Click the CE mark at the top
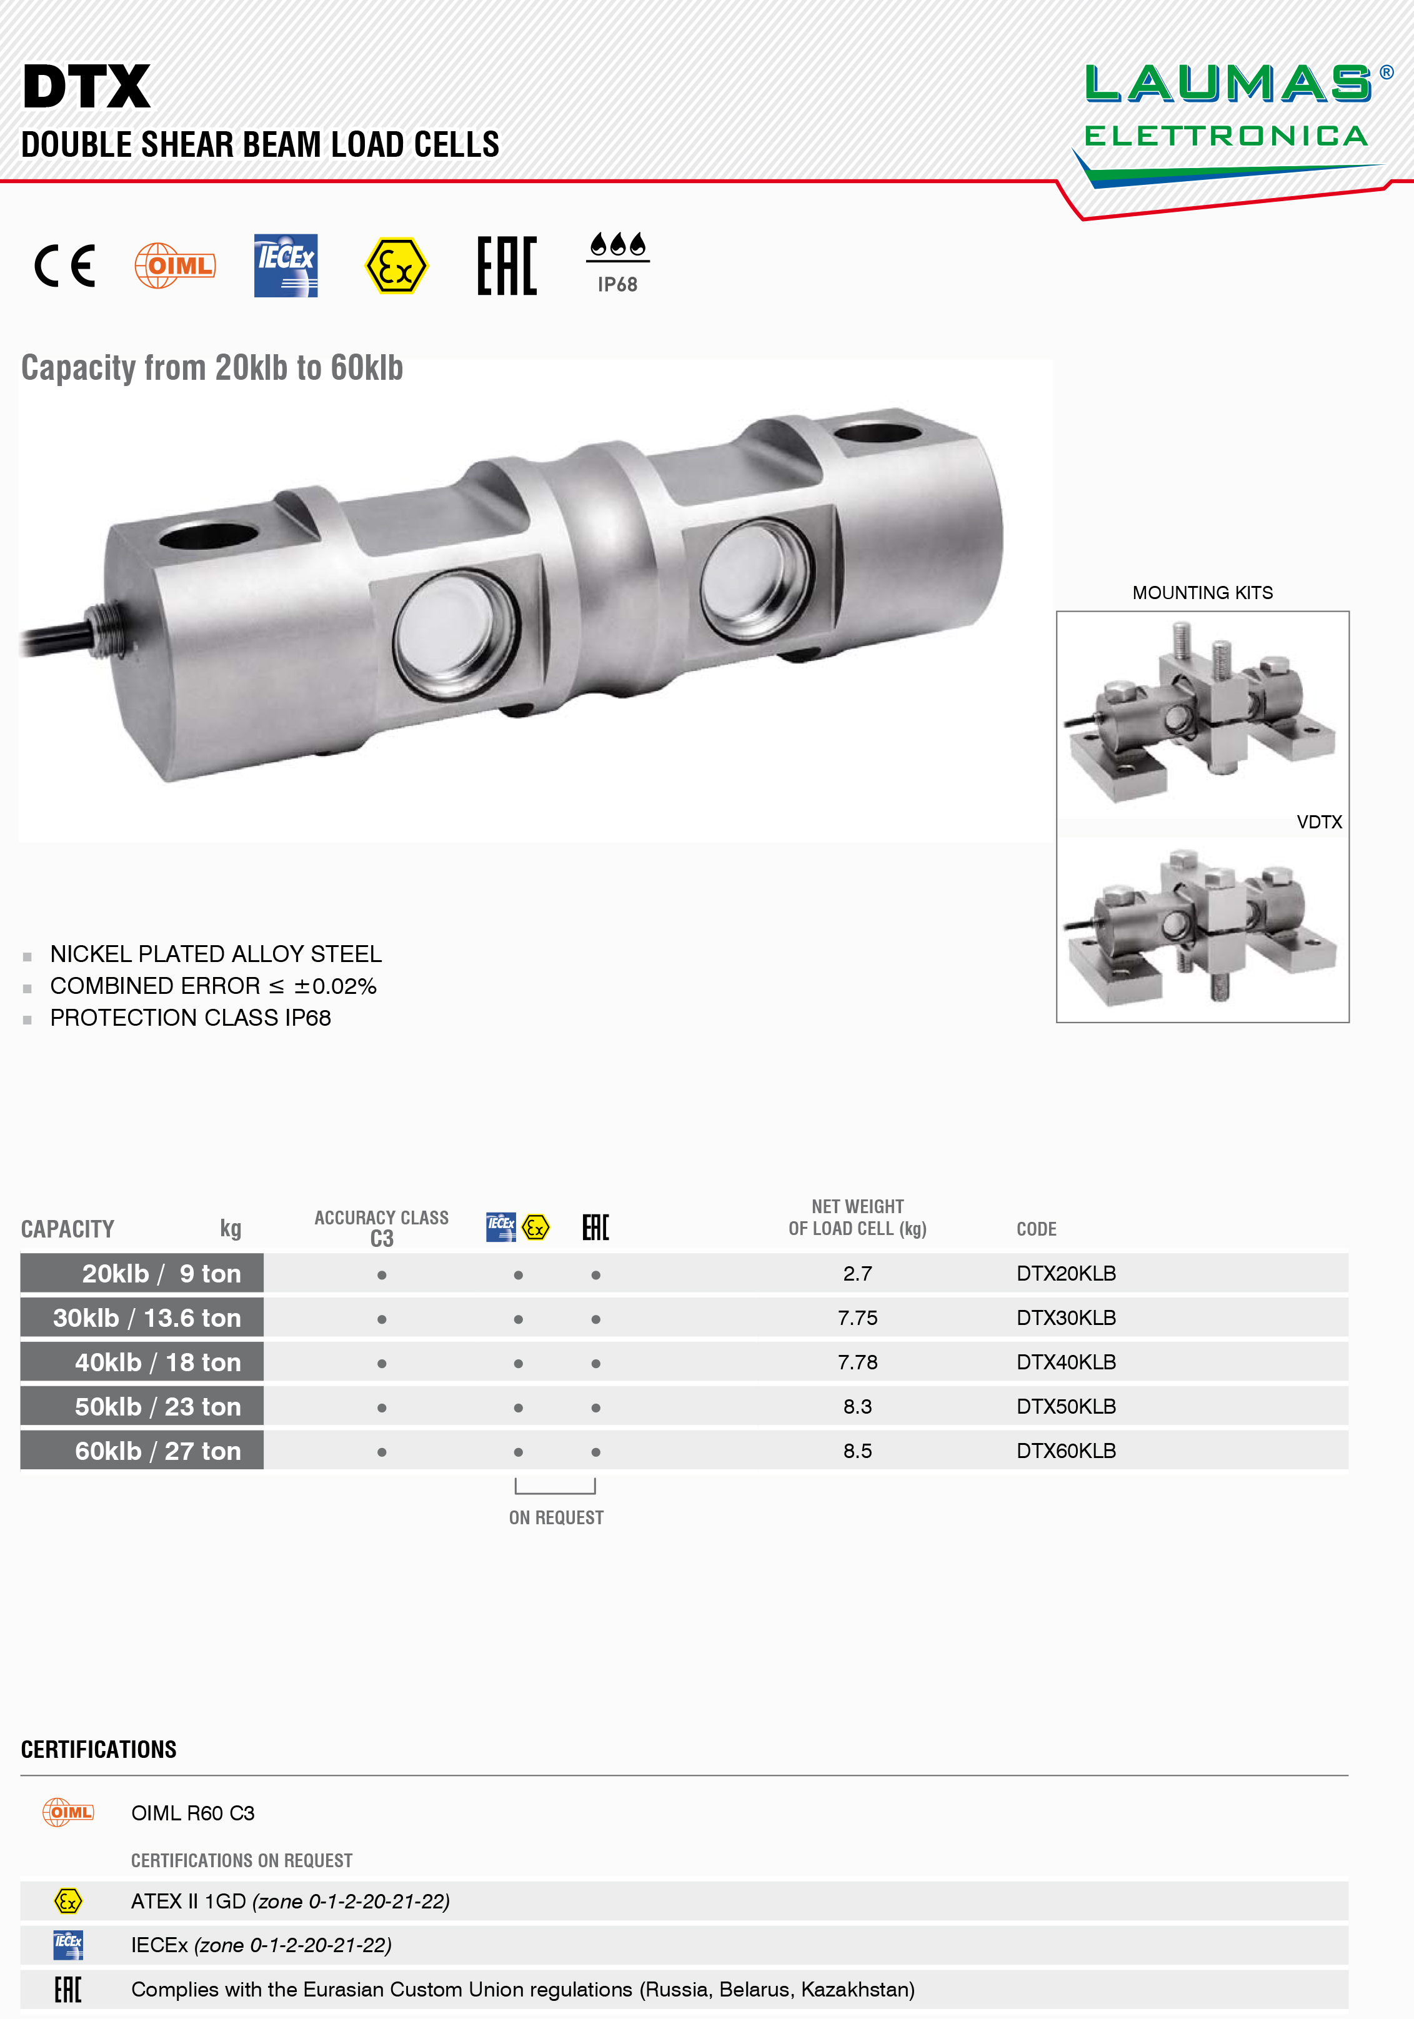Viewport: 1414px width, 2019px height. pos(65,267)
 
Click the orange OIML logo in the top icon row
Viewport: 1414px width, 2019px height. pos(175,265)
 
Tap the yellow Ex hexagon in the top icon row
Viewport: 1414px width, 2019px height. pos(397,265)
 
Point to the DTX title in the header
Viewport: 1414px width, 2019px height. pos(87,86)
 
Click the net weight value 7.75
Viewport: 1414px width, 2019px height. pos(857,1318)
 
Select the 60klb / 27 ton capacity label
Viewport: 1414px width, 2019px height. pos(158,1451)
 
